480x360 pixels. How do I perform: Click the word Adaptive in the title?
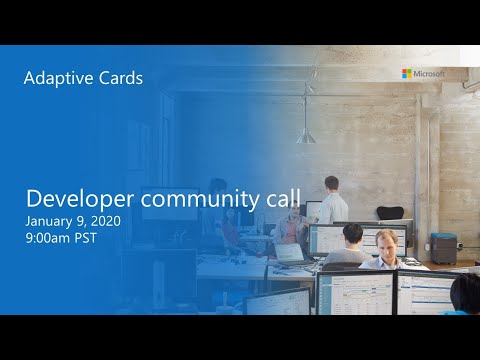[56, 78]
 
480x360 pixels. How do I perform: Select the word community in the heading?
[203, 199]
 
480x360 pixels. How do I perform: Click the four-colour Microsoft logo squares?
[406, 73]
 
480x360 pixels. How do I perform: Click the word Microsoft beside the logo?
[428, 73]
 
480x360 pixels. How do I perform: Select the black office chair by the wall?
[389, 213]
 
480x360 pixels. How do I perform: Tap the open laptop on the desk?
[288, 251]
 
